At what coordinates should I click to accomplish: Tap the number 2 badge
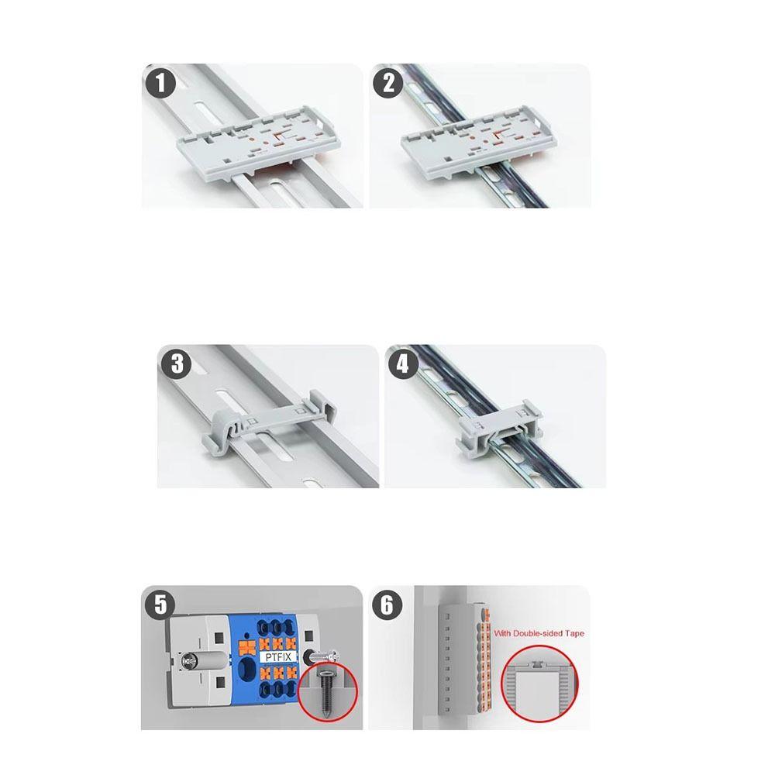pyautogui.click(x=388, y=83)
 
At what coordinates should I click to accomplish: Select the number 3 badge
pyautogui.click(x=177, y=364)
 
